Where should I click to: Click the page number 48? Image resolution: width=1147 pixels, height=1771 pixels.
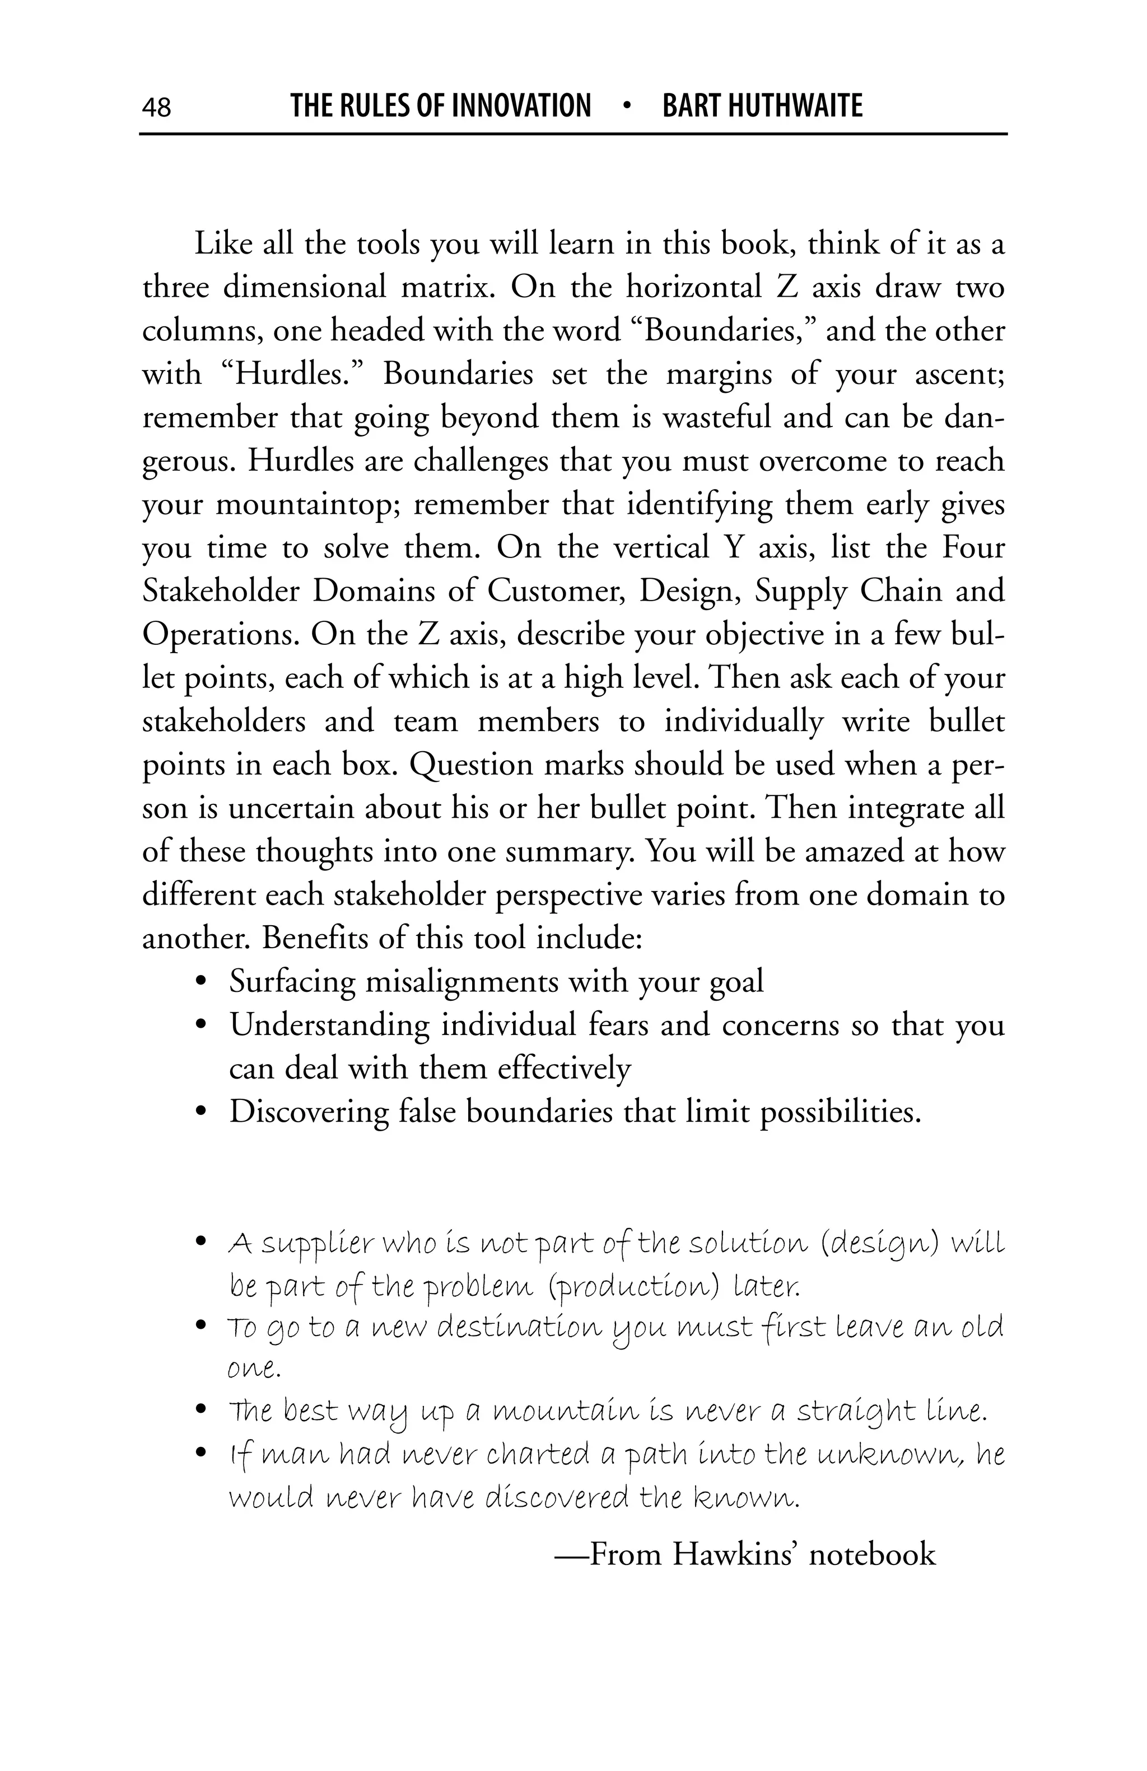tap(156, 107)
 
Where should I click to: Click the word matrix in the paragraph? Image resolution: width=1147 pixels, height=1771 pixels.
tap(448, 287)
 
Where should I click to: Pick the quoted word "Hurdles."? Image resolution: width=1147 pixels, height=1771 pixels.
tap(292, 373)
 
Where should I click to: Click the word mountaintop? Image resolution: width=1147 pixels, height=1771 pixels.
tap(308, 504)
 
